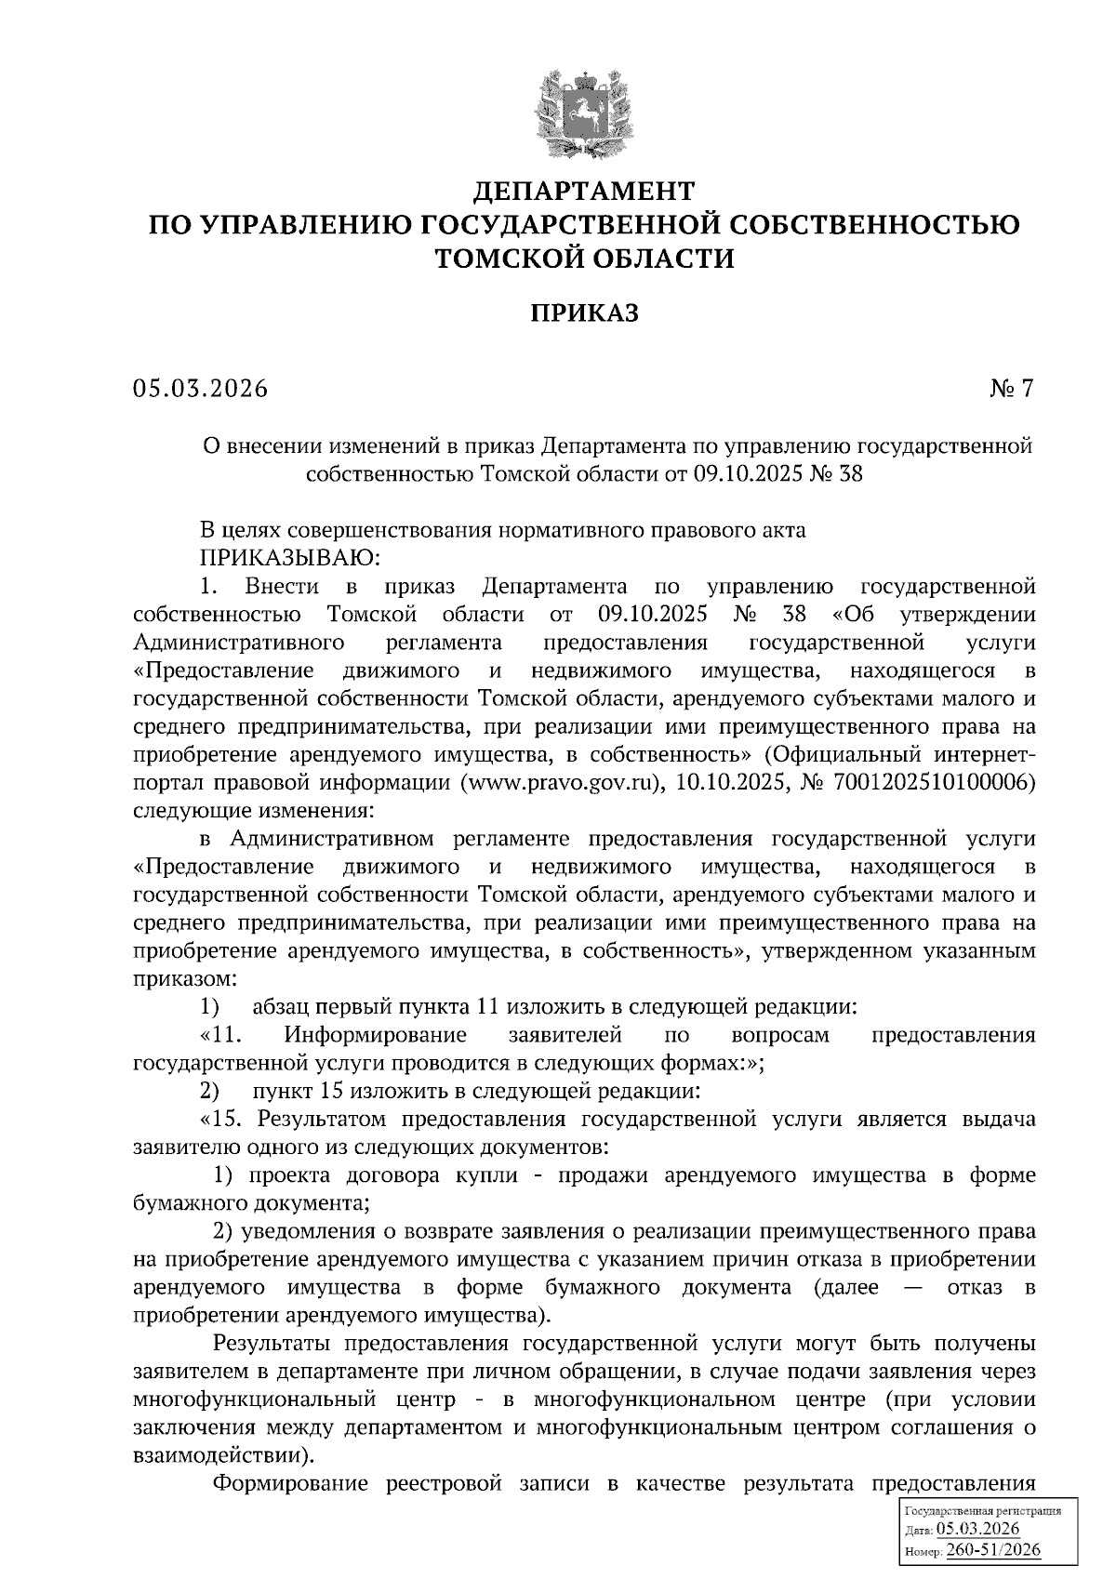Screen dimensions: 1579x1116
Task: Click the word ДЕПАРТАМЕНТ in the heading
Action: click(584, 192)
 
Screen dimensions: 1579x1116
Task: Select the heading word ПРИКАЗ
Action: click(585, 313)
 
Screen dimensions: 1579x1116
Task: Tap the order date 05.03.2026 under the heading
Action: click(200, 388)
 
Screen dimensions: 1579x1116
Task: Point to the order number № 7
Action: click(1011, 388)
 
